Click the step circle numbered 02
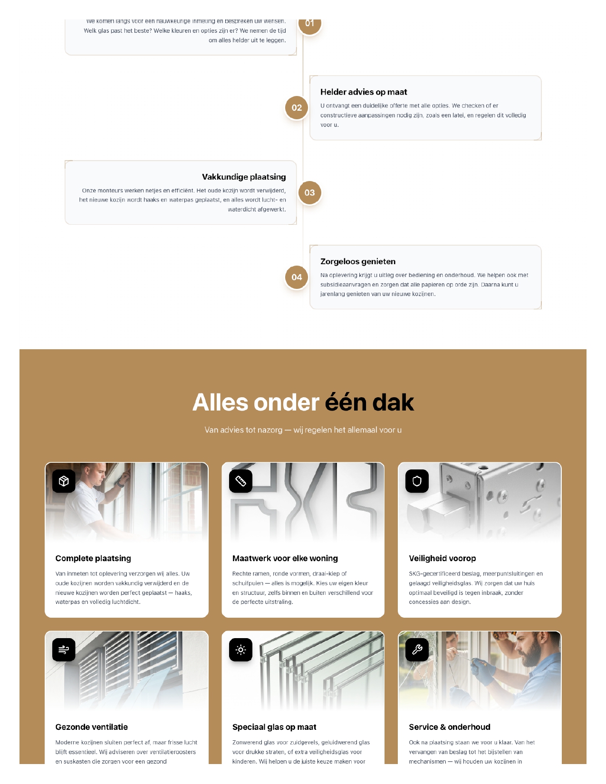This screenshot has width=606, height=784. (x=297, y=108)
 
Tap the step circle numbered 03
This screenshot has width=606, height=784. (x=309, y=192)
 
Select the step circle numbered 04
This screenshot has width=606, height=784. (x=297, y=277)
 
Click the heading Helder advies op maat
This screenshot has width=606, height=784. (x=364, y=92)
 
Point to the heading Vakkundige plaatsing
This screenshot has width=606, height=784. (x=244, y=177)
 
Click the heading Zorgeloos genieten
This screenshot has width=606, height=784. (x=358, y=261)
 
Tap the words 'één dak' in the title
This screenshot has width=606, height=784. (x=369, y=402)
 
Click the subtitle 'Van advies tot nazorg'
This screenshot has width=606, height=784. (x=303, y=430)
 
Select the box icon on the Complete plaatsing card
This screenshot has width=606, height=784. (x=64, y=481)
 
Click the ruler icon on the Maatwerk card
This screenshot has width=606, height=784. (x=240, y=481)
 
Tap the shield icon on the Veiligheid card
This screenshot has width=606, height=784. (x=417, y=481)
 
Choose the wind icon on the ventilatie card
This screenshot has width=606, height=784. (x=64, y=650)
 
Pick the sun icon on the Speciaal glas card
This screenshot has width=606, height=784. (x=240, y=650)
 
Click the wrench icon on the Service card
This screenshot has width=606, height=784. (x=417, y=650)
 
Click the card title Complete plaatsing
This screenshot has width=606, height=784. (x=93, y=558)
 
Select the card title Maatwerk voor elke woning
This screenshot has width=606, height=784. (x=285, y=558)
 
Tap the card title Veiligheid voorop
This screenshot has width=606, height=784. (x=442, y=558)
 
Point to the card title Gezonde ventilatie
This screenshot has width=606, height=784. (x=92, y=727)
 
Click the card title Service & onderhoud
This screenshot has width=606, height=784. (x=450, y=727)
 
